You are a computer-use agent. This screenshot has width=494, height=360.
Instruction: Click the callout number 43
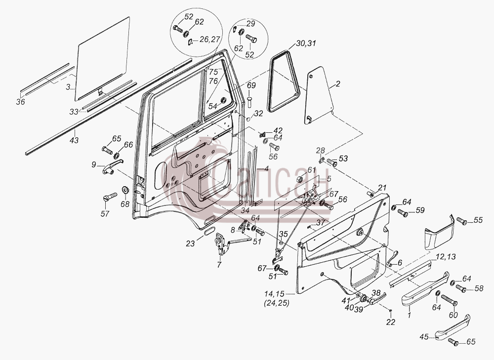tap(75, 140)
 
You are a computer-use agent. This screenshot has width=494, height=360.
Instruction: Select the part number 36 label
tap(21, 102)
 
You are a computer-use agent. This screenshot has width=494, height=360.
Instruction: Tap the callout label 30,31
tap(306, 43)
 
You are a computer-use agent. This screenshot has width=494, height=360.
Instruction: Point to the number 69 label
tap(251, 85)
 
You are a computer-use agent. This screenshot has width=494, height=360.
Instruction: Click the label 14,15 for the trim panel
tap(274, 294)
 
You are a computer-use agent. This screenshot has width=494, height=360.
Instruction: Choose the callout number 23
tap(190, 243)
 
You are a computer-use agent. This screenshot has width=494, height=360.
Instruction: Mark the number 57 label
tap(105, 214)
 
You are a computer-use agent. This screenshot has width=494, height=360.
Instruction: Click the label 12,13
tap(446, 257)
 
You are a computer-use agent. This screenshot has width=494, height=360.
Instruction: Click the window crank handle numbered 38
tap(377, 298)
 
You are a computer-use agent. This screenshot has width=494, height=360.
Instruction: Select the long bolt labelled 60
tap(449, 300)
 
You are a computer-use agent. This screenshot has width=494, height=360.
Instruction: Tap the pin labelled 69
tap(249, 101)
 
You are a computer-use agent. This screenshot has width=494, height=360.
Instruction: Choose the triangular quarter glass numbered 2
tap(320, 95)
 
